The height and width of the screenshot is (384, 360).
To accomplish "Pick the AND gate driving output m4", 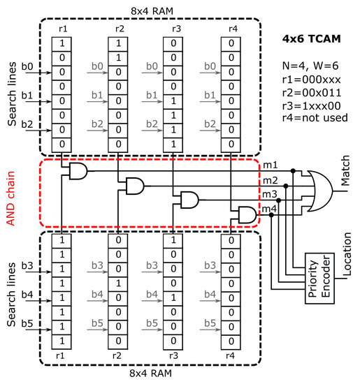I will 247,214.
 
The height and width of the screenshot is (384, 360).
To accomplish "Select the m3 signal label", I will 269,193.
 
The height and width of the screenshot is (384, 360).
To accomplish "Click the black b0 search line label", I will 28,68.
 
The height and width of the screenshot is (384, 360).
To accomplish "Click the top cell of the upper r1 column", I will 62,43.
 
